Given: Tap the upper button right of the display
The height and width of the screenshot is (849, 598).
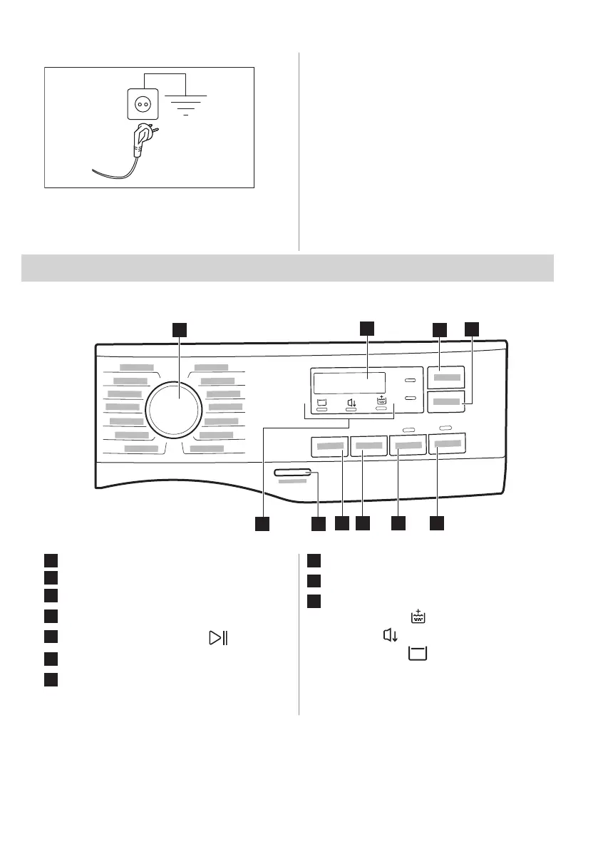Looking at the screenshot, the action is (446, 377).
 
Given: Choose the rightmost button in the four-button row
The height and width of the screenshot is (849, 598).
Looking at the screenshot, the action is (446, 444).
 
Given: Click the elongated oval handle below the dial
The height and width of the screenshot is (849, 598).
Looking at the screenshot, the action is (292, 472).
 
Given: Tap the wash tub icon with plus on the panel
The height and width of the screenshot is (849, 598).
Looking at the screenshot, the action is (382, 401).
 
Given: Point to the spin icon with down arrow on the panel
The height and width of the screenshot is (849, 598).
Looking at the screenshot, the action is (351, 403).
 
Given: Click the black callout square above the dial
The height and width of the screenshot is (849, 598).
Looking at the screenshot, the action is (180, 329).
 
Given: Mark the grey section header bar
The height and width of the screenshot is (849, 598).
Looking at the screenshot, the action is (287, 267).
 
